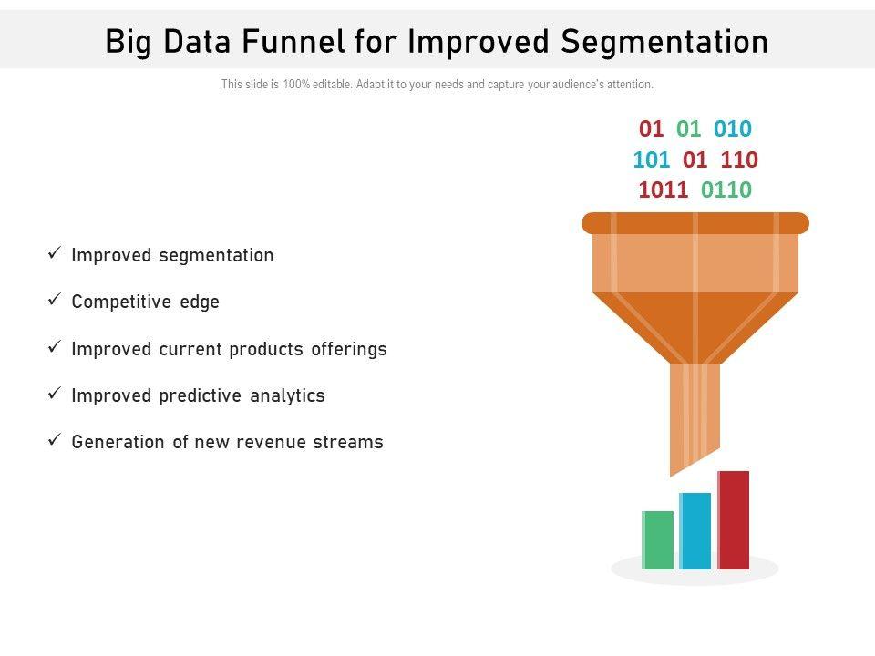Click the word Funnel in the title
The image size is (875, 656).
pos(293,41)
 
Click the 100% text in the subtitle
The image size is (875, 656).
pos(295,84)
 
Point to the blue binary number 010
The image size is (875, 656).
pos(733,128)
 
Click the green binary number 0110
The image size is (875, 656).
pos(726,190)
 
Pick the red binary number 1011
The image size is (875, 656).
pos(663,190)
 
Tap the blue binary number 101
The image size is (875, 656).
pos(651,159)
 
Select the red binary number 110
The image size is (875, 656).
pos(739,159)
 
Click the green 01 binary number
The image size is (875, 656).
pos(688,128)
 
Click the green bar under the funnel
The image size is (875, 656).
pos(657,540)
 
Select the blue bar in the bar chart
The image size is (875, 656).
pos(695,531)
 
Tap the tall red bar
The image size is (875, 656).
pos(733,520)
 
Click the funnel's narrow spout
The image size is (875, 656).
pos(695,413)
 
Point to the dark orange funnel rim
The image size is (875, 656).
pos(695,223)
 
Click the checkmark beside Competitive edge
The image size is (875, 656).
pos(54,300)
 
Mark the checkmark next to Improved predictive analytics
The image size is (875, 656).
pos(54,394)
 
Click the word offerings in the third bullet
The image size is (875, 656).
pos(349,350)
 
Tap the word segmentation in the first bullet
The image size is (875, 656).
pos(217,256)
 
